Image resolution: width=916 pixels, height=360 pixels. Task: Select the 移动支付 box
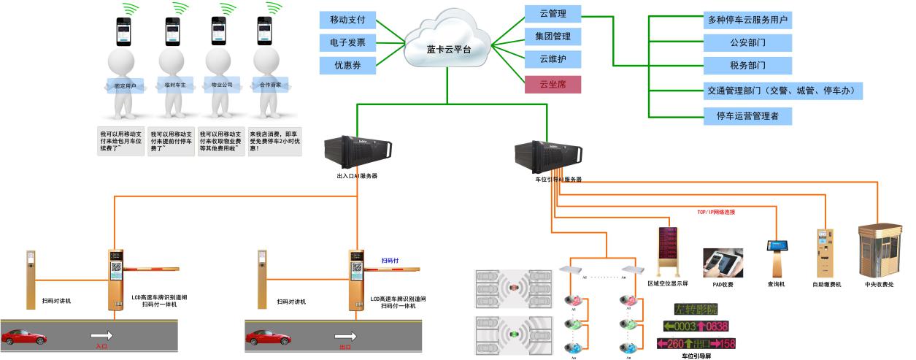347,20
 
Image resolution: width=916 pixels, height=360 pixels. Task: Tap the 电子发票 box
347,42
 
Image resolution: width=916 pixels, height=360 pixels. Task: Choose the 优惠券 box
347,65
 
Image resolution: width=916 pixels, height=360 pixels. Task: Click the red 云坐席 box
553,83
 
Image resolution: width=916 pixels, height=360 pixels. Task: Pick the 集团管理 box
553,36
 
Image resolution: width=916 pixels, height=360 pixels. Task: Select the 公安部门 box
747,42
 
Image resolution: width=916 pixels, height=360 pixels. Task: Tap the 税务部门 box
747,65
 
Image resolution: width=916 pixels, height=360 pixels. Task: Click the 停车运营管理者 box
747,115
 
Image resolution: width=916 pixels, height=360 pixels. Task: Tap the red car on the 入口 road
24,337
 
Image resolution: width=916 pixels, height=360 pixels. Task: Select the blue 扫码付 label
390,260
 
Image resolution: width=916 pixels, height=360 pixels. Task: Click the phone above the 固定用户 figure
123,31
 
